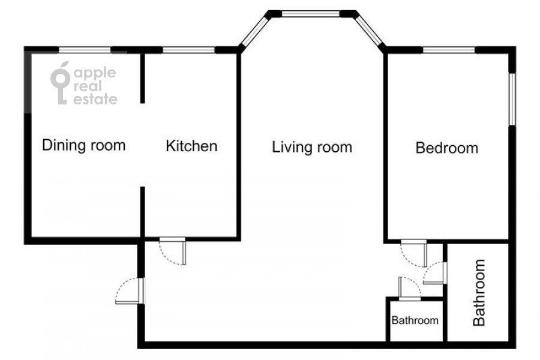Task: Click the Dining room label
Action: [83, 145]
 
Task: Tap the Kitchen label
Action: [191, 146]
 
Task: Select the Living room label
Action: [312, 148]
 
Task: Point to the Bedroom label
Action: [446, 148]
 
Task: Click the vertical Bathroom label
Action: [479, 292]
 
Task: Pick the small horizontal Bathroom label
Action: [415, 320]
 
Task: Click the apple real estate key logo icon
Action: [60, 83]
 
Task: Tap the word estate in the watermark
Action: [95, 99]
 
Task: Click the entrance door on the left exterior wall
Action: [130, 291]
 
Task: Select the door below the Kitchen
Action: [173, 251]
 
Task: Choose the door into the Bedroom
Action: [413, 253]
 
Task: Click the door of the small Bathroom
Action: [409, 288]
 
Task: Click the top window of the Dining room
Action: [85, 50]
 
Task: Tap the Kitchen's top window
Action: [189, 50]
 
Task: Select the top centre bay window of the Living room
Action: [311, 14]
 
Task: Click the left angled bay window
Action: [255, 31]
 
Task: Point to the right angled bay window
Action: [369, 31]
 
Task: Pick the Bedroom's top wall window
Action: [449, 50]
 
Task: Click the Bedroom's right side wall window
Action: [512, 99]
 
